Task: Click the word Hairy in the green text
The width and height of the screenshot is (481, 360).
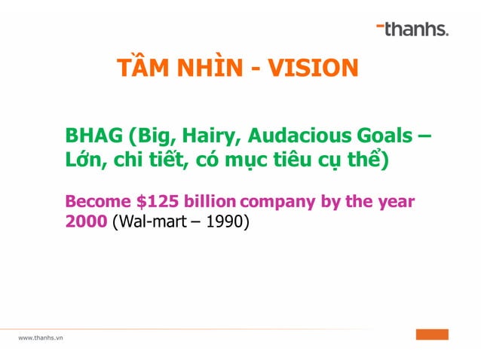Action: coord(216,138)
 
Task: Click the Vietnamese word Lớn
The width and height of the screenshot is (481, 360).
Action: coord(82,161)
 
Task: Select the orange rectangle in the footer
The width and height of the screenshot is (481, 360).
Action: coord(432,334)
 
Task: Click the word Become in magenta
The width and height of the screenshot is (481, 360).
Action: coord(95,202)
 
